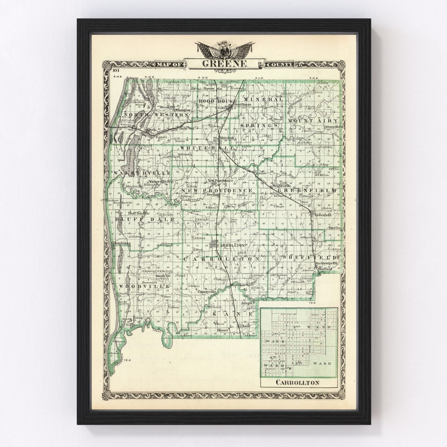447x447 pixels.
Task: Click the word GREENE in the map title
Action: pyautogui.click(x=224, y=64)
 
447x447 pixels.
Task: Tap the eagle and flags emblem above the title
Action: pyautogui.click(x=225, y=50)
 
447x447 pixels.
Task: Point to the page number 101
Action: pyautogui.click(x=115, y=71)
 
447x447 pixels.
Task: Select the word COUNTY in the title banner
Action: pyautogui.click(x=279, y=64)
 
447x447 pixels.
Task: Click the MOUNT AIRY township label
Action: pyautogui.click(x=312, y=120)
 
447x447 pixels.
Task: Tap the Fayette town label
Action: pyautogui.click(x=334, y=227)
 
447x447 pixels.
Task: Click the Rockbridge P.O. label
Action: pyautogui.click(x=327, y=263)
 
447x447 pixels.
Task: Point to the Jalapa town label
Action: pyautogui.click(x=246, y=303)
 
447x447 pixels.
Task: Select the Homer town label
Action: pyautogui.click(x=222, y=330)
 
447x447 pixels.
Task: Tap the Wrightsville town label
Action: pyautogui.click(x=283, y=186)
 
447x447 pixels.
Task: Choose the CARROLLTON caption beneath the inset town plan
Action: pyautogui.click(x=297, y=382)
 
